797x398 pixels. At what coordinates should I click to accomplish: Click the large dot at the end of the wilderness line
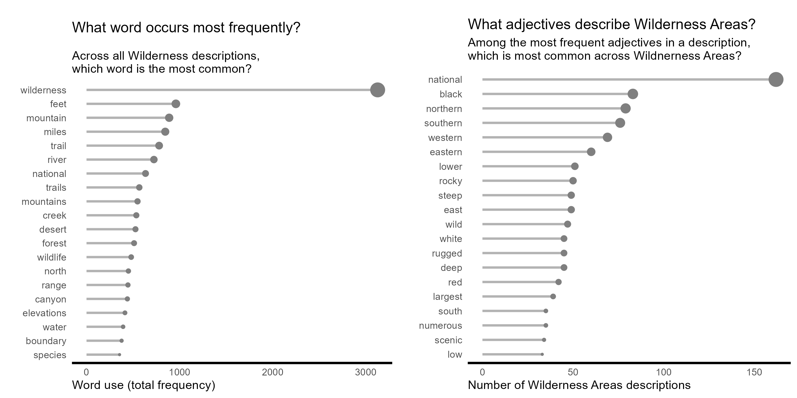coord(378,90)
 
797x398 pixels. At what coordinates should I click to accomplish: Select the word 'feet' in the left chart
coord(58,104)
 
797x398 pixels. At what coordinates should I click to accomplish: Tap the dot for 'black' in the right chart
coord(633,94)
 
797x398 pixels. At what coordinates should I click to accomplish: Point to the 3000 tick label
coord(365,372)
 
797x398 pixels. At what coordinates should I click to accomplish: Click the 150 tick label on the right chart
coord(754,372)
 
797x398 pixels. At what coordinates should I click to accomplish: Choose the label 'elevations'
coord(44,313)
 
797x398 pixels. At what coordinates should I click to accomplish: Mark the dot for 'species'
coord(120,355)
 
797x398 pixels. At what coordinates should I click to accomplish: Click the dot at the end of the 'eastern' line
coord(591,152)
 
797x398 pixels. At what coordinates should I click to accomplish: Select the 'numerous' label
coord(440,326)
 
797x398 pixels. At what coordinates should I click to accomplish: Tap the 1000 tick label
coord(179,372)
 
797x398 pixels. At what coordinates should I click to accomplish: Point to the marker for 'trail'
coord(159,146)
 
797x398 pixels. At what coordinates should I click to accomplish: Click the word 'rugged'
coord(447,253)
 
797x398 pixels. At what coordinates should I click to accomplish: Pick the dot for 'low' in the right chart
coord(542,354)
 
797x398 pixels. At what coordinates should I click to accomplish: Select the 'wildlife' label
coord(52,257)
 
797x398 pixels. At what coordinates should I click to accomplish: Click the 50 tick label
coord(573,372)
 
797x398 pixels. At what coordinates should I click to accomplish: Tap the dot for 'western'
coord(607,137)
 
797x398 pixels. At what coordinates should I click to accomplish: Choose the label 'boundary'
coord(46,341)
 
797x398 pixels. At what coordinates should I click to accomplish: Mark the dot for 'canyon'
coord(127,299)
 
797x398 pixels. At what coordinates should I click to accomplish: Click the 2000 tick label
coord(272,372)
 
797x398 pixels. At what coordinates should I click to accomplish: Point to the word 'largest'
coord(447,297)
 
